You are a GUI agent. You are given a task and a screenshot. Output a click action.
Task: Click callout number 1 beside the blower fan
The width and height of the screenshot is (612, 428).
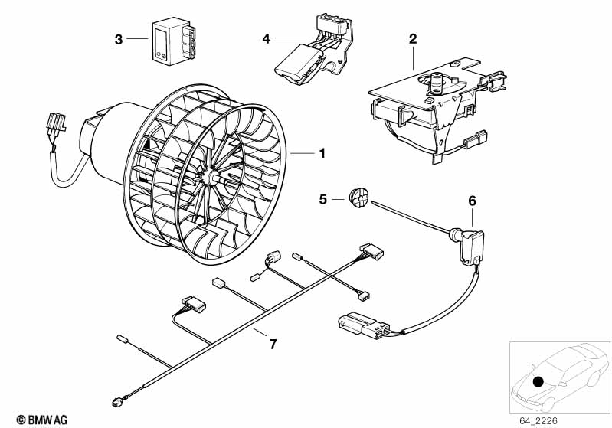pyautogui.click(x=322, y=154)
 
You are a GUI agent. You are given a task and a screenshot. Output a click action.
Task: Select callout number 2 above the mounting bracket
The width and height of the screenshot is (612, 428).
pyautogui.click(x=413, y=38)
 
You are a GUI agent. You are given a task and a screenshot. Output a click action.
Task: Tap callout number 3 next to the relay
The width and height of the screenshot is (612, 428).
pyautogui.click(x=119, y=38)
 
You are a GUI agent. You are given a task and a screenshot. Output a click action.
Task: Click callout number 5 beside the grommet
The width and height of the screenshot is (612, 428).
pyautogui.click(x=323, y=199)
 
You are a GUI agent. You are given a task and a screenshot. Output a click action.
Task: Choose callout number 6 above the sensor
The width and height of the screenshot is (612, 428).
pyautogui.click(x=473, y=201)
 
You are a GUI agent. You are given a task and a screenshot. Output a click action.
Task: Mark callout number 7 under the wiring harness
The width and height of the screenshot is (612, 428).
pyautogui.click(x=272, y=344)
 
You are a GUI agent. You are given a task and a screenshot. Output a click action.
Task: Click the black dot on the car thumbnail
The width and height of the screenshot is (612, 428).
pyautogui.click(x=538, y=381)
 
